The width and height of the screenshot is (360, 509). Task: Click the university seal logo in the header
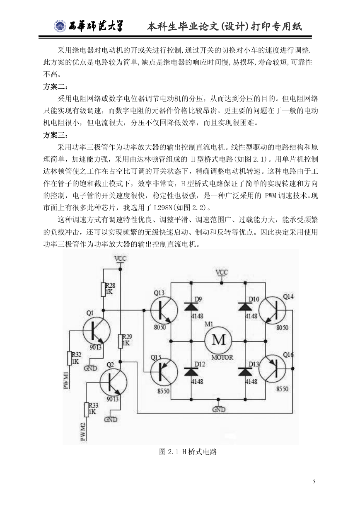pos(60,27)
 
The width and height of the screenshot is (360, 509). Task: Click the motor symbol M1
pos(218,340)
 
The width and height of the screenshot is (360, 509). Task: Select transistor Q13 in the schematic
pos(164,310)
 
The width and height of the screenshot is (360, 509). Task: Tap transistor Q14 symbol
pos(272,310)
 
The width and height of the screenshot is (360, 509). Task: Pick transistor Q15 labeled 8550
pos(164,372)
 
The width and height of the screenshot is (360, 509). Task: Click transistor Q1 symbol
pos(96,331)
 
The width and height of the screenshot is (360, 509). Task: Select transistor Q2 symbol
pos(114,382)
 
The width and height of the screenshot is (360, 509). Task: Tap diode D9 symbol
pos(191,307)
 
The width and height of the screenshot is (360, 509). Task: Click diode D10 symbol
pos(245,307)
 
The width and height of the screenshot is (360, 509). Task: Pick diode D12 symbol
pos(191,371)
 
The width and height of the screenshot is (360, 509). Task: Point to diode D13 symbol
pos(245,371)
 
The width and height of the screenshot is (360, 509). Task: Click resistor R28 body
pos(103,289)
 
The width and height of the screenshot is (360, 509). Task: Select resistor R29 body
pos(121,341)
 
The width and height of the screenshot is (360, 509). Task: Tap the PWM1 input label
pos(67,380)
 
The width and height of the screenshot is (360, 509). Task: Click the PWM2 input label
pos(83,432)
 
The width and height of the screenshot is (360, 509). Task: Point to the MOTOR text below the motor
pos(222,357)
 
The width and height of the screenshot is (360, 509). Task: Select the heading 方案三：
pos(56,135)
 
